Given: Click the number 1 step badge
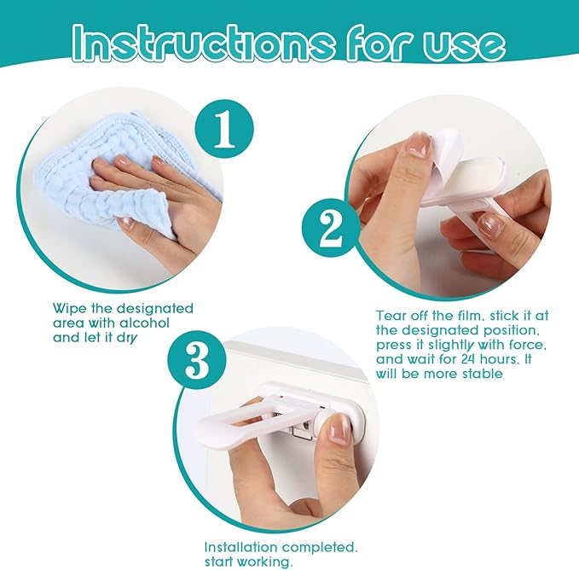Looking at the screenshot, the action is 224,129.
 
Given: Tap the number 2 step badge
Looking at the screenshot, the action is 331,228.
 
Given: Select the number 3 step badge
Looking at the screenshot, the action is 197,360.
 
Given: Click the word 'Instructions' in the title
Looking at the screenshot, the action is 204,43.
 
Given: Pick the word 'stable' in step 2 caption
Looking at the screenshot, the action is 483,374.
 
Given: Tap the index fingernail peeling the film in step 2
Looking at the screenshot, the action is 418,144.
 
